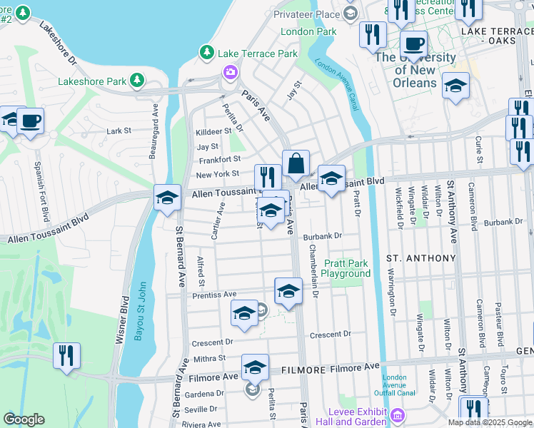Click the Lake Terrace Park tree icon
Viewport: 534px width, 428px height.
click(207, 53)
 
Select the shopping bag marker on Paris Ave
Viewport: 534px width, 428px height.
click(296, 163)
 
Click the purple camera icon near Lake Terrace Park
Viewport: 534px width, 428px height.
click(230, 71)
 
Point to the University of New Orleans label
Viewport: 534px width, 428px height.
click(415, 70)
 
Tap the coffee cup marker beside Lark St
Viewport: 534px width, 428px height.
click(30, 121)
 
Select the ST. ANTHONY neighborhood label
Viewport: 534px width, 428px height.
click(420, 258)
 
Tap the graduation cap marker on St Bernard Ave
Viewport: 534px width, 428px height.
click(167, 198)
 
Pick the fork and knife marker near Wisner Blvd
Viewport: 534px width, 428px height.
click(66, 355)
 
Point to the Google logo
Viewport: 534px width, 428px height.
click(24, 419)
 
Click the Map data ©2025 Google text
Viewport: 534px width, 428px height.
click(490, 422)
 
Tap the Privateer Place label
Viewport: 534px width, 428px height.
click(308, 14)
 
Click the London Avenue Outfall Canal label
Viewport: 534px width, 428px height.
click(394, 386)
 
